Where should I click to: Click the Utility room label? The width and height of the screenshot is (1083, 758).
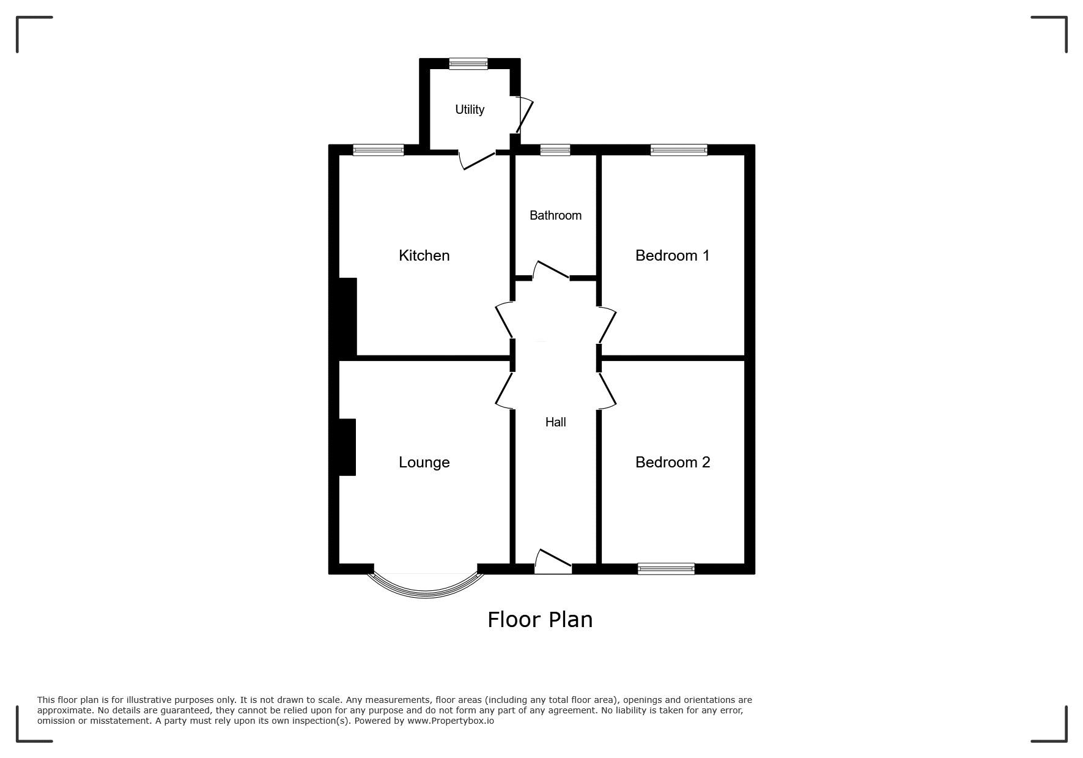(x=470, y=110)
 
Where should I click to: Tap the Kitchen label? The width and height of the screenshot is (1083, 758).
(x=424, y=255)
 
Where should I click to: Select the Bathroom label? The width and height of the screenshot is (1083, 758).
(x=555, y=215)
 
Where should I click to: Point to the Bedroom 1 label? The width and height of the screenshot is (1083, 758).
(x=672, y=255)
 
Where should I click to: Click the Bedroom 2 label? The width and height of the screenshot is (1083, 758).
(x=673, y=462)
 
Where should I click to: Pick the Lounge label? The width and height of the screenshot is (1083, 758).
(x=424, y=463)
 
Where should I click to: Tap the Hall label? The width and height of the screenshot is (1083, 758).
(x=555, y=422)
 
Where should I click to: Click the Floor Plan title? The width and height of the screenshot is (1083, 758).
(x=540, y=620)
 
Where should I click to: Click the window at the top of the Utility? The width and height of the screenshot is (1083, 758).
(x=468, y=64)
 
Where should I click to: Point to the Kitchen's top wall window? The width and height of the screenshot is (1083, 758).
(x=379, y=150)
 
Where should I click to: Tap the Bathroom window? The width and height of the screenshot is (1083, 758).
(x=555, y=150)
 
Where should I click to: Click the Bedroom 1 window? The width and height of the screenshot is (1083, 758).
(x=679, y=150)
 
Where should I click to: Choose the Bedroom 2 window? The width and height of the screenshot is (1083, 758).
(x=666, y=569)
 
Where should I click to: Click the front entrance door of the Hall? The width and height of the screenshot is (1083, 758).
(x=553, y=562)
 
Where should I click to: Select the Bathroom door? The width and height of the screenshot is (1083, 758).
(x=552, y=270)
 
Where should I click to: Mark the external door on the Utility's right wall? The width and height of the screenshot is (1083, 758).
(x=525, y=114)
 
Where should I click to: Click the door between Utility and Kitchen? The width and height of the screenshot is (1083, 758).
(x=477, y=160)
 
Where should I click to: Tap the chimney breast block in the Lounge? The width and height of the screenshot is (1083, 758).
(x=347, y=447)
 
